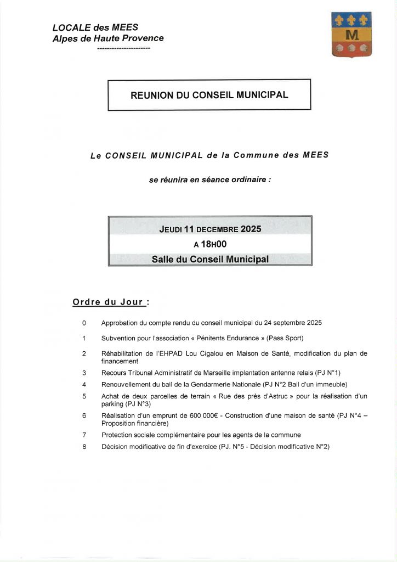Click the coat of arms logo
pos(351,35)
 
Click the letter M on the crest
pos(351,35)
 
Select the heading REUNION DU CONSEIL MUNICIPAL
pos(209,95)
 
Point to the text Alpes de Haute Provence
pos(108,38)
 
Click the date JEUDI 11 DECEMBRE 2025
pos(210,229)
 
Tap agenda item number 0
pos(84,323)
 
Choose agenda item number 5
pos(84,396)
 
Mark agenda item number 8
pos(84,447)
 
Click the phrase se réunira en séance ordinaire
pos(210,179)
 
